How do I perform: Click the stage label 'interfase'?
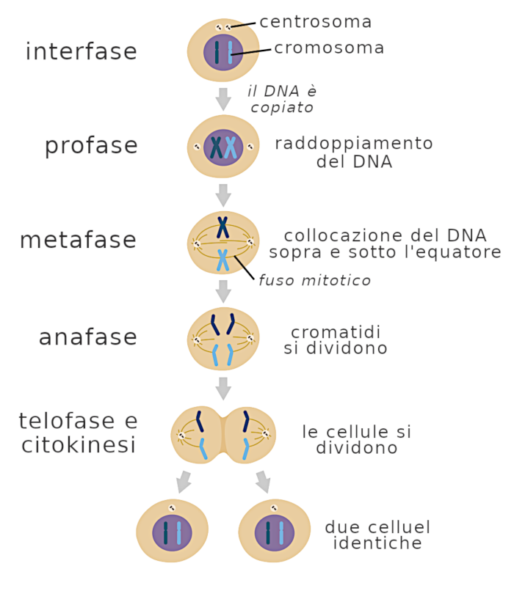click(x=81, y=52)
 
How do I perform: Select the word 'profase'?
click(x=91, y=145)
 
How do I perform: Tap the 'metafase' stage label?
click(x=78, y=241)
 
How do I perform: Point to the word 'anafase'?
click(x=88, y=337)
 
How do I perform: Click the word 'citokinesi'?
click(x=79, y=444)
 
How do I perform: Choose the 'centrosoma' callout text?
click(x=316, y=22)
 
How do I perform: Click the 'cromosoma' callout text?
click(x=329, y=48)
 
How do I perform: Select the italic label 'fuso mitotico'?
click(x=314, y=280)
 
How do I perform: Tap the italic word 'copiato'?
click(x=282, y=107)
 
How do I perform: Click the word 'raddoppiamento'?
click(x=354, y=143)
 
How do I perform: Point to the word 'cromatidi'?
click(x=336, y=332)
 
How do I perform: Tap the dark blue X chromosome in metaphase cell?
click(x=222, y=227)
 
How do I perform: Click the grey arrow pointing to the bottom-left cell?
click(x=184, y=481)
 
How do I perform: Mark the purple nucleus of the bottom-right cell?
click(x=275, y=534)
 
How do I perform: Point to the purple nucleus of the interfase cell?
click(x=223, y=53)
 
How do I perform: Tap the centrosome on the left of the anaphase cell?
click(x=197, y=339)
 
